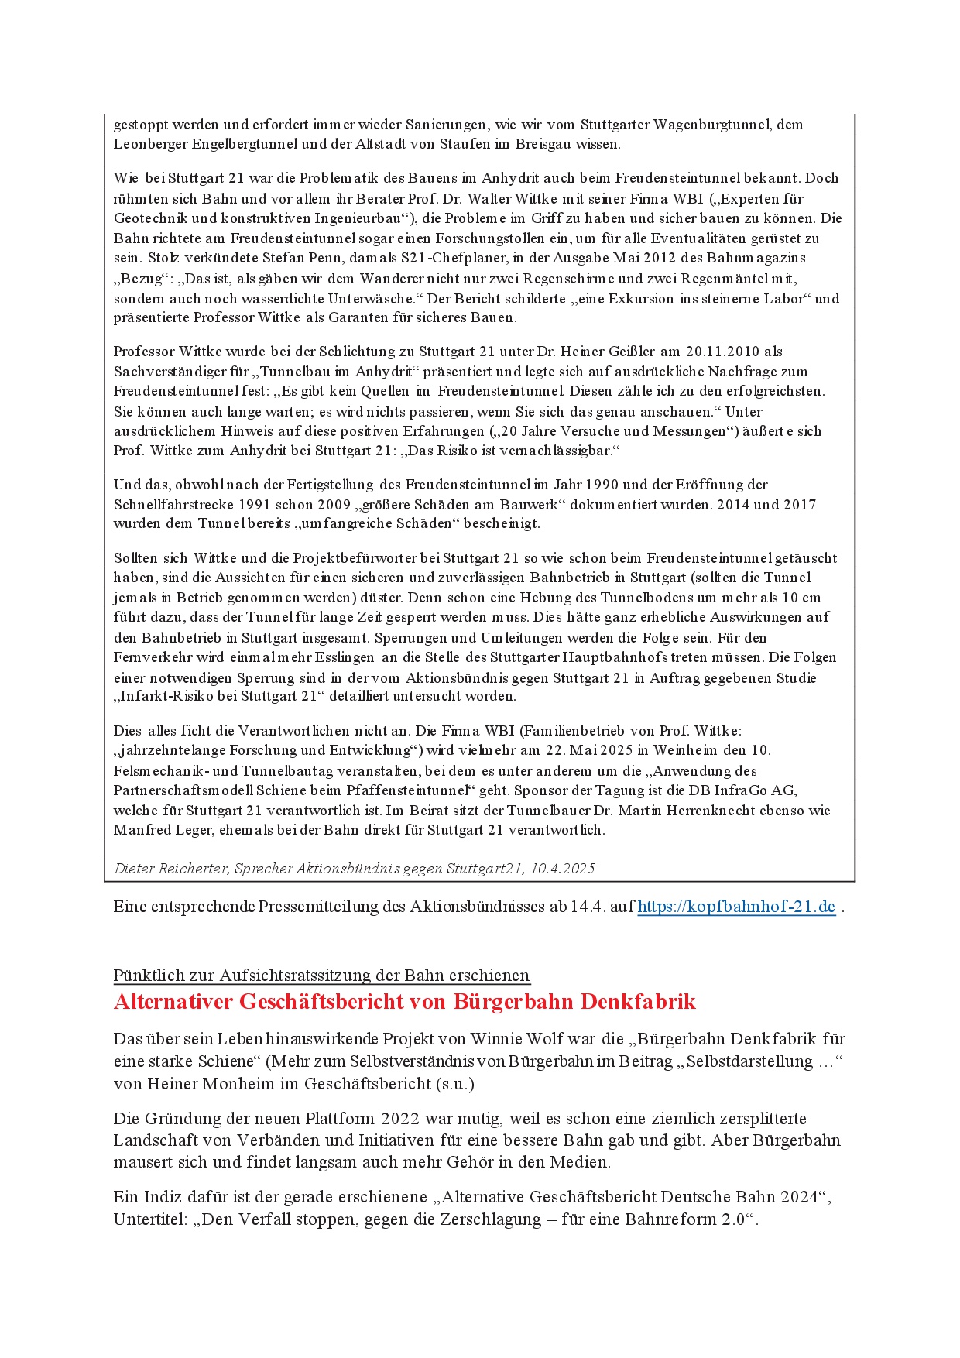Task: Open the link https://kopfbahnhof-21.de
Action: (736, 907)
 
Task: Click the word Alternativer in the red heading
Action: (173, 1002)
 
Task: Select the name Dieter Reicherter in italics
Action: (170, 868)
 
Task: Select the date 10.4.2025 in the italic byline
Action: (562, 868)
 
